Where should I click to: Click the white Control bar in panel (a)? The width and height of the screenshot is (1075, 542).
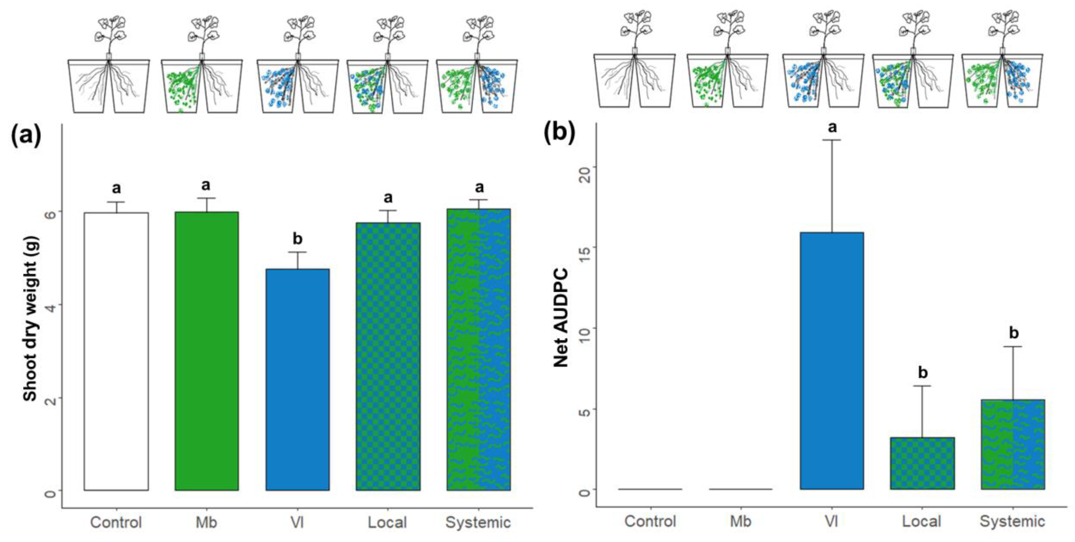point(116,350)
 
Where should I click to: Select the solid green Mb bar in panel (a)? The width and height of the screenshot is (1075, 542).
point(207,350)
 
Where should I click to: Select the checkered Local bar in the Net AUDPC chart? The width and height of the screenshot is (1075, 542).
point(922,463)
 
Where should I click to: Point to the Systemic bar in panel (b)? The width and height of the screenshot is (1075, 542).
point(1013,444)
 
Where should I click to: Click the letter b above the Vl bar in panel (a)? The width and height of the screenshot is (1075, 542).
point(297,239)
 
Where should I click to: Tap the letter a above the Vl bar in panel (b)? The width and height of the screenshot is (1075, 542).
point(832,127)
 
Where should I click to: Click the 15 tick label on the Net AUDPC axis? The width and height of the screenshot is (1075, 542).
point(584,247)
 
